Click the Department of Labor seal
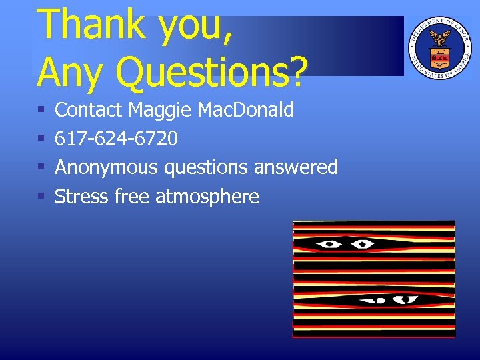[x=438, y=47]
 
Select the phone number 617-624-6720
[x=116, y=139]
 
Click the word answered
[x=295, y=167]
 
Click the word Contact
[x=89, y=109]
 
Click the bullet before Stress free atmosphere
[x=41, y=197]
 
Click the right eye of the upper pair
[x=362, y=244]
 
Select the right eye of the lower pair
[x=406, y=300]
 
